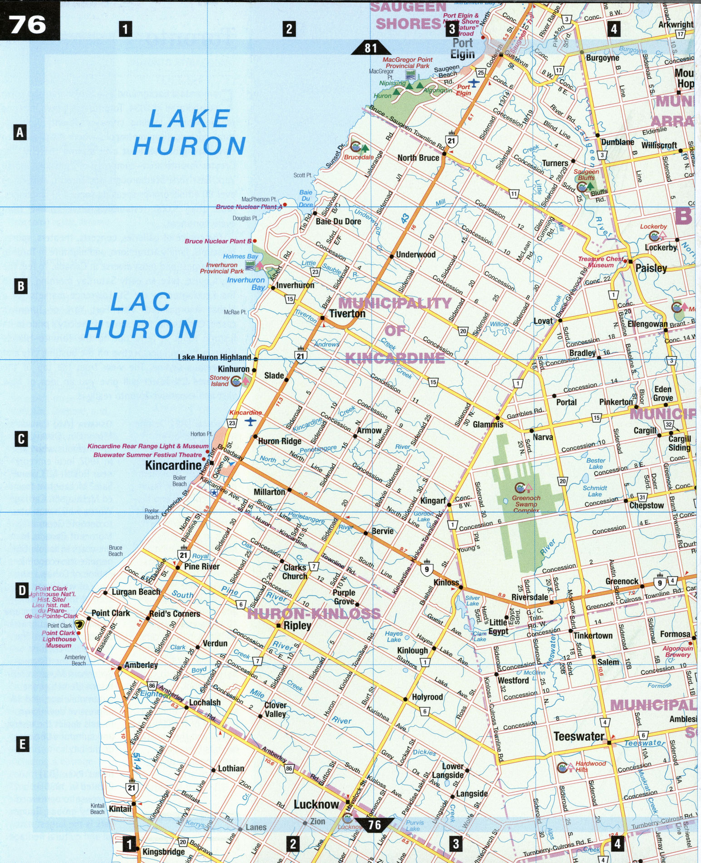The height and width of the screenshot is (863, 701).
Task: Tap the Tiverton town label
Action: tap(347, 313)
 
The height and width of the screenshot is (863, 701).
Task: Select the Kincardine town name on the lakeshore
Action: tap(173, 465)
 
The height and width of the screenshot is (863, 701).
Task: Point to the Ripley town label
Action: tap(297, 625)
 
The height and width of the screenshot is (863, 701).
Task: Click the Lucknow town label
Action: tap(316, 804)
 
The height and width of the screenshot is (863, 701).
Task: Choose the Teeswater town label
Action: tap(579, 736)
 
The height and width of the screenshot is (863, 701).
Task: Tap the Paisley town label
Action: tap(651, 268)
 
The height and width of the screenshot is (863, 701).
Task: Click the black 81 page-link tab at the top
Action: tap(370, 48)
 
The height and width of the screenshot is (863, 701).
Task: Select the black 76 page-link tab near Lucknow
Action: tap(374, 824)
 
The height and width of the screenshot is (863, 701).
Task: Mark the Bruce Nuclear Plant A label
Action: tap(248, 207)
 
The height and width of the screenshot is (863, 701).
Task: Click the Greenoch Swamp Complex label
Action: tap(526, 504)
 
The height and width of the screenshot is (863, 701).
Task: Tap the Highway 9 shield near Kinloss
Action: tap(426, 568)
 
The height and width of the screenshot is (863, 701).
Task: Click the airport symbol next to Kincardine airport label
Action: tap(250, 422)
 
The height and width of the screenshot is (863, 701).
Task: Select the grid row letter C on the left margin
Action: tap(21, 439)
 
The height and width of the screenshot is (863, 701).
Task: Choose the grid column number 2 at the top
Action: tap(289, 30)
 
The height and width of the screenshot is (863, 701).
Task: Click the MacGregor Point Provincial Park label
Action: tap(407, 63)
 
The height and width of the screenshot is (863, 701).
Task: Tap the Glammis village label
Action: tap(488, 424)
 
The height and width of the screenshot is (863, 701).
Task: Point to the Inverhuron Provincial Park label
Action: tap(222, 268)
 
